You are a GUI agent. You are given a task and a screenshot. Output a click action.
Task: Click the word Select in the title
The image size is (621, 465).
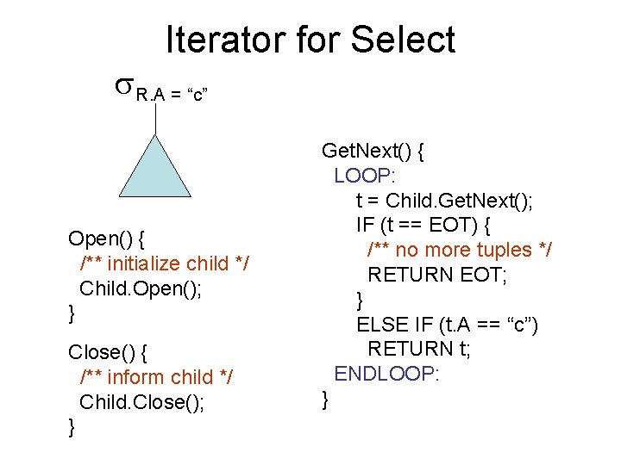coord(402,40)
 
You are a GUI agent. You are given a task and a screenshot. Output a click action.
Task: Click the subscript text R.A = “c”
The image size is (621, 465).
coord(172,95)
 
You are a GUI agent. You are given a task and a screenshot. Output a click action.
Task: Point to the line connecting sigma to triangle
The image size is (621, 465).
coord(155,121)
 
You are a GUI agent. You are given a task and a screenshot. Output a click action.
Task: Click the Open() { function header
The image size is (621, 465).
coord(107,237)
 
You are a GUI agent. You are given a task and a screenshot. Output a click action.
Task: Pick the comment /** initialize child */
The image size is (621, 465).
coord(164,263)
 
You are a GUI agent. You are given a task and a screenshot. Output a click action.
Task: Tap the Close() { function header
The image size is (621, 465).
coord(108,351)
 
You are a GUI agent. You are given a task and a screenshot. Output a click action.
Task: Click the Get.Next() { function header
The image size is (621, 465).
coord(372,152)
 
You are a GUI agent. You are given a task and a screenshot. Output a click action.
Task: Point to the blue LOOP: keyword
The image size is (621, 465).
coord(364,176)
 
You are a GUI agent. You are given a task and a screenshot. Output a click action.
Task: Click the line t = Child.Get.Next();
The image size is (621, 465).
coord(444,201)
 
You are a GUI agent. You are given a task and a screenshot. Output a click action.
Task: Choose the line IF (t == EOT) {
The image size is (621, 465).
coord(423,226)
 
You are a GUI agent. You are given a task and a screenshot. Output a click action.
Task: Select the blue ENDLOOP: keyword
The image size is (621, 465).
coord(387,374)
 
